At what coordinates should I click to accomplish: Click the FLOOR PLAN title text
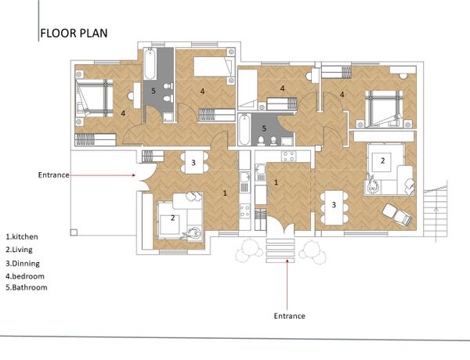point(74,33)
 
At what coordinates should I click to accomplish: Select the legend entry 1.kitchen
point(22,236)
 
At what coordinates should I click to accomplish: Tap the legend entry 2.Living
point(19,250)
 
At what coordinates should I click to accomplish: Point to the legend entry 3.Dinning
point(23,264)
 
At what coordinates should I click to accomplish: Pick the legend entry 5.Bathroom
point(27,287)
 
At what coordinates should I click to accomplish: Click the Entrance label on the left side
point(53,175)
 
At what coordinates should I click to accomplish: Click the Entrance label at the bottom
point(290,316)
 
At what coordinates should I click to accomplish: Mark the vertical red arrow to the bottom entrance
point(287,285)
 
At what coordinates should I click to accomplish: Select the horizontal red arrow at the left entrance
point(103,175)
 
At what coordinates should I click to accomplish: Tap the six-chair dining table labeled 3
point(334,207)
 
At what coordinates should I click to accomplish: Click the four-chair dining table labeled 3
point(193,163)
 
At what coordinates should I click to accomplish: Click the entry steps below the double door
point(280,251)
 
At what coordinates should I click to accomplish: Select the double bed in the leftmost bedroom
point(95,99)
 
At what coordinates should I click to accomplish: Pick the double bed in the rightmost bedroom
point(384,109)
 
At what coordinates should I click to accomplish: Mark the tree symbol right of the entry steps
point(313,251)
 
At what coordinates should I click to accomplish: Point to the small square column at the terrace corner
point(74,232)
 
